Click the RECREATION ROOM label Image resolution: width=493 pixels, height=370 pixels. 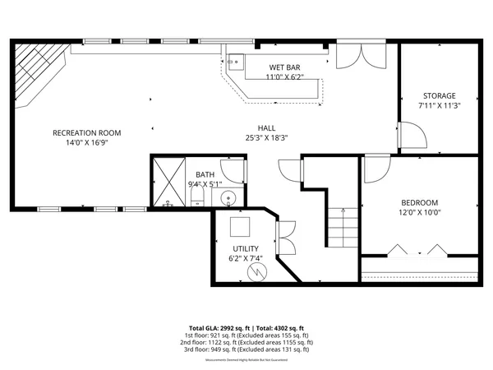87,132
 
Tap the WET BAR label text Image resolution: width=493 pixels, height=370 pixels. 284,67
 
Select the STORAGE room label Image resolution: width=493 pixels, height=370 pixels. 440,95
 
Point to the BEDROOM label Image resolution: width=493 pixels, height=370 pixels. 419,202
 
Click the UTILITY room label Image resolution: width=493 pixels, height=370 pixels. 245,248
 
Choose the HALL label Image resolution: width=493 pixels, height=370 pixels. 266,127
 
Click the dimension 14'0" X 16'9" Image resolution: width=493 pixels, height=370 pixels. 87,142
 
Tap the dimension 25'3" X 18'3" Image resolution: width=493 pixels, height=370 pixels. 266,138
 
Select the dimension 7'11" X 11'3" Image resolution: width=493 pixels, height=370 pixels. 440,105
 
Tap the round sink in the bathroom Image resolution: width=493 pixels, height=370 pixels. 229,198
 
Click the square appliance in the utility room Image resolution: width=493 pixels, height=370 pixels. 240,226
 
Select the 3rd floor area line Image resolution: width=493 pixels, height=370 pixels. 246,349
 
